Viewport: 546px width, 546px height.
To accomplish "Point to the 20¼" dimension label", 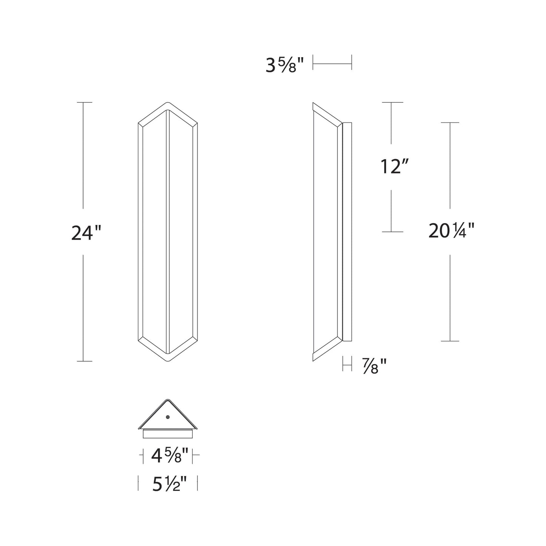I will tap(451, 231).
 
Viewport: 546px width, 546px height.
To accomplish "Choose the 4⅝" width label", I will tap(170, 456).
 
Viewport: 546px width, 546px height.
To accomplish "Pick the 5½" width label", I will tap(170, 484).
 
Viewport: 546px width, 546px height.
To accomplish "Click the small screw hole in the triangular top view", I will tap(168, 417).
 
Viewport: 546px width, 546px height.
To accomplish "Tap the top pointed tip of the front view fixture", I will tap(167, 103).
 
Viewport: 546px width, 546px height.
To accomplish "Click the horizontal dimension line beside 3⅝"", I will tap(333, 64).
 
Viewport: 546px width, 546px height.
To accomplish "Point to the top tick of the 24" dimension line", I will tap(83, 102).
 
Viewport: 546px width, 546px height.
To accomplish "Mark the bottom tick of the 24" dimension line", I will tap(83, 361).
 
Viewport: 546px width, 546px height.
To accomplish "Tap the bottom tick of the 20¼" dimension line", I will tap(450, 341).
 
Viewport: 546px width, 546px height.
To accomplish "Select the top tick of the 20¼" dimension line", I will tap(450, 123).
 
